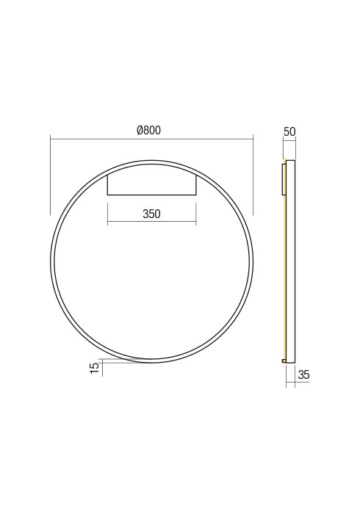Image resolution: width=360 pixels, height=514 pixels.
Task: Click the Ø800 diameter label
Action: pyautogui.click(x=149, y=131)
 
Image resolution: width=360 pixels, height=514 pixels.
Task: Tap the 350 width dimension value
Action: pyautogui.click(x=151, y=214)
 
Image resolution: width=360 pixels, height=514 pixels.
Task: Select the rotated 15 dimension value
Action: pyautogui.click(x=94, y=368)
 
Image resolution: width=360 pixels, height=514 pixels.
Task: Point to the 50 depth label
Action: pyautogui.click(x=289, y=132)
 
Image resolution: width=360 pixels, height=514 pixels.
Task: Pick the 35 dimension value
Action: pyautogui.click(x=303, y=375)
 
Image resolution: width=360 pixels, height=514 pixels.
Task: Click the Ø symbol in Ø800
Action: pyautogui.click(x=140, y=131)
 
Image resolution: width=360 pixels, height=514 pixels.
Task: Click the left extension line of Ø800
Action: pyautogui.click(x=50, y=176)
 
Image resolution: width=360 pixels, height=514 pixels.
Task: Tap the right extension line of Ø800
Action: pyautogui.click(x=253, y=176)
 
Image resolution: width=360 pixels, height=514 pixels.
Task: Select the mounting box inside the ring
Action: pyautogui.click(x=151, y=182)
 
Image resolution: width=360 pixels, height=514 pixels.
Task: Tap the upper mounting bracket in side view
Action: pyautogui.click(x=283, y=179)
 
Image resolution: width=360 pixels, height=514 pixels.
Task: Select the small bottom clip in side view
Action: pyautogui.click(x=284, y=361)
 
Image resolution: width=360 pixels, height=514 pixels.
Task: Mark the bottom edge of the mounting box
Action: pyautogui.click(x=151, y=195)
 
